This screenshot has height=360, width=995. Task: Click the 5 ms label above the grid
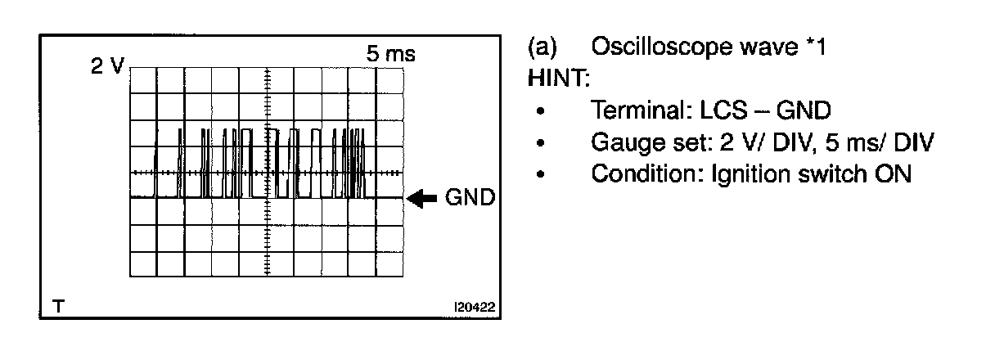click(x=391, y=55)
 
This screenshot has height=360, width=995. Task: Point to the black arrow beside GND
click(x=422, y=199)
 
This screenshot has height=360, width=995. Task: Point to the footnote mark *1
click(x=815, y=47)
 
